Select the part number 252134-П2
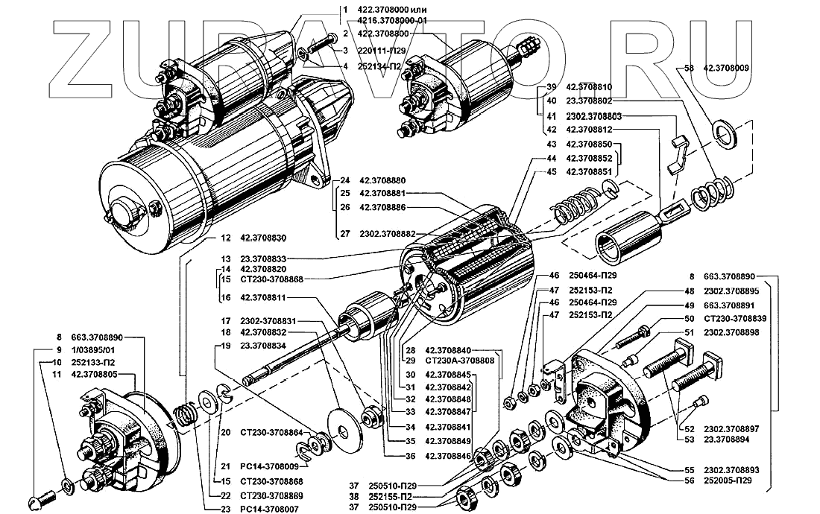[x=383, y=66]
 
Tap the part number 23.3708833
[x=265, y=258]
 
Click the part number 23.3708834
[x=265, y=346]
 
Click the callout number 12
[x=224, y=238]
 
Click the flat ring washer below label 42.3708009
[x=722, y=131]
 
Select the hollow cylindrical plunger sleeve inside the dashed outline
[x=626, y=237]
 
